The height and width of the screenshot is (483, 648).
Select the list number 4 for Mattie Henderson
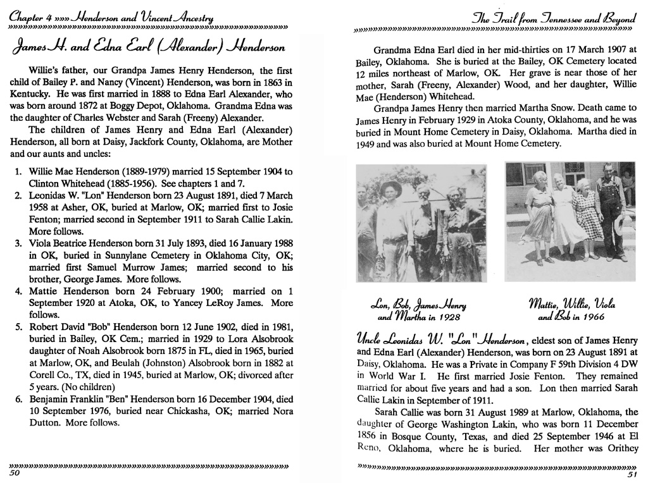coord(18,291)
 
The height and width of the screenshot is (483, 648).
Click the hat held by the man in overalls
coord(619,224)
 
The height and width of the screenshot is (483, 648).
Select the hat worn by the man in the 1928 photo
coord(391,188)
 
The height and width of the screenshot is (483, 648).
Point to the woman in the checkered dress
coord(587,215)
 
